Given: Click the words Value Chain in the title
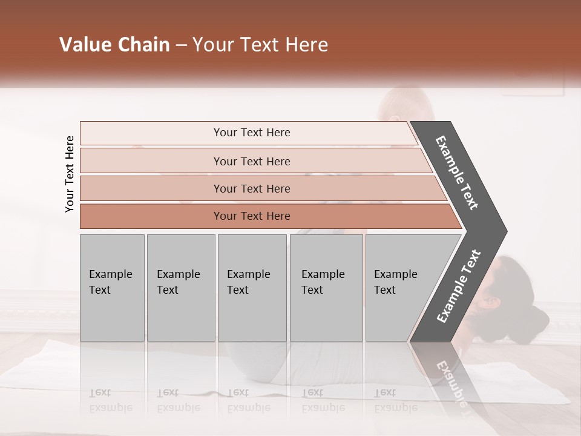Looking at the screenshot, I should [x=114, y=45].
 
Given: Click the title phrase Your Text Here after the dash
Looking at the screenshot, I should [x=260, y=45].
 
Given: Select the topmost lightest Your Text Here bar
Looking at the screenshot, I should [x=252, y=133].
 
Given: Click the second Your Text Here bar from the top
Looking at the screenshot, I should [x=252, y=161].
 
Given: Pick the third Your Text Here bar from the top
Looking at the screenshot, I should [x=252, y=188].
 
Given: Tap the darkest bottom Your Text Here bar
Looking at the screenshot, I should [x=252, y=216].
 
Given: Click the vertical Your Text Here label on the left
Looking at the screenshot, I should [x=70, y=174].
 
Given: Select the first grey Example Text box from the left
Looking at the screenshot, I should [x=112, y=288].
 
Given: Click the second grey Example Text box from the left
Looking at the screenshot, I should [x=180, y=288].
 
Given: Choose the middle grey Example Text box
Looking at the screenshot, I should [x=252, y=288].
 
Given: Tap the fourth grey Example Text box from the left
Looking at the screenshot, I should [x=326, y=288].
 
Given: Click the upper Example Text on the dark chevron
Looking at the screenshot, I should [x=457, y=173].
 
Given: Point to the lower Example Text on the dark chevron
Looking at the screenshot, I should [x=459, y=286].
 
